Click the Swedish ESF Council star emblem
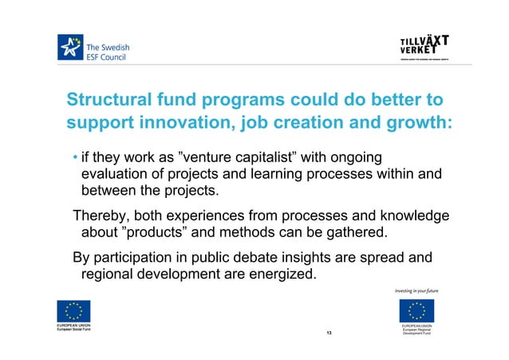click(70, 47)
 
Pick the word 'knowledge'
click(410, 216)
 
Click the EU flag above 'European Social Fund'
click(73, 312)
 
